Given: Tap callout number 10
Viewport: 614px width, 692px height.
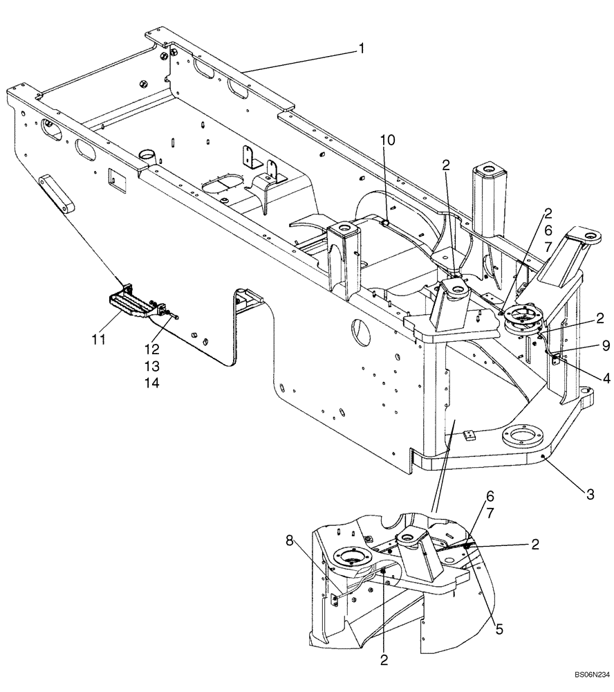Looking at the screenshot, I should point(388,140).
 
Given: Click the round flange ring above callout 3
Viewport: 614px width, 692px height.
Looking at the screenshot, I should point(523,438).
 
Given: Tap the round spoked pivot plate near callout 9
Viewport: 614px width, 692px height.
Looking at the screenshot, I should point(523,320).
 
